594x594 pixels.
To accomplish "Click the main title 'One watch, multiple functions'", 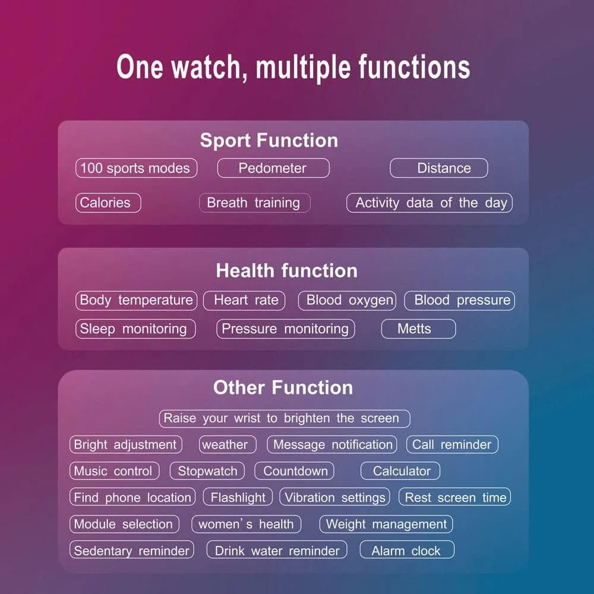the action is click(x=293, y=67).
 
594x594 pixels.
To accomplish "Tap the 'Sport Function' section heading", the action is click(x=269, y=141).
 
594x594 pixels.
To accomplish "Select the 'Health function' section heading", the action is click(x=287, y=271).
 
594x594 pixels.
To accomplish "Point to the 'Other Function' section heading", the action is click(x=283, y=387).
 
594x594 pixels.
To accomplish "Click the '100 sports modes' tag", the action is click(x=137, y=168).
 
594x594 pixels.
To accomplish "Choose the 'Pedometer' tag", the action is click(x=273, y=168).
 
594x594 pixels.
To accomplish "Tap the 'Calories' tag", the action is click(x=108, y=203).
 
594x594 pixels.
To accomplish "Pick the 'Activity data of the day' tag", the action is click(x=429, y=203).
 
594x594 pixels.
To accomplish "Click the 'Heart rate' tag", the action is click(x=244, y=301).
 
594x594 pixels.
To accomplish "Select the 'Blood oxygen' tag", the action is click(x=347, y=301).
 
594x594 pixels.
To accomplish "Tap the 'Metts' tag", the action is click(x=418, y=329).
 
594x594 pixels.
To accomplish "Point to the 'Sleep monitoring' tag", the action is click(x=135, y=329).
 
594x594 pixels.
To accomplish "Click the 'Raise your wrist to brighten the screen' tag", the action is click(x=285, y=419).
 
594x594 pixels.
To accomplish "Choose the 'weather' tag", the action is click(x=228, y=444).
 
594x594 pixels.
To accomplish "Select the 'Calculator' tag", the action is click(x=400, y=471).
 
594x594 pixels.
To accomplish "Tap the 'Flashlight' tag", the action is click(x=238, y=497).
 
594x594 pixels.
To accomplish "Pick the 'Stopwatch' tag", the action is click(x=207, y=471).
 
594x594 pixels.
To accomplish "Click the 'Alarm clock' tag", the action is click(x=407, y=549).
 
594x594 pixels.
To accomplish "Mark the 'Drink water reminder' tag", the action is click(x=277, y=549).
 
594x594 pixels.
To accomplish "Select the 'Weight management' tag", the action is click(x=386, y=524).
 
